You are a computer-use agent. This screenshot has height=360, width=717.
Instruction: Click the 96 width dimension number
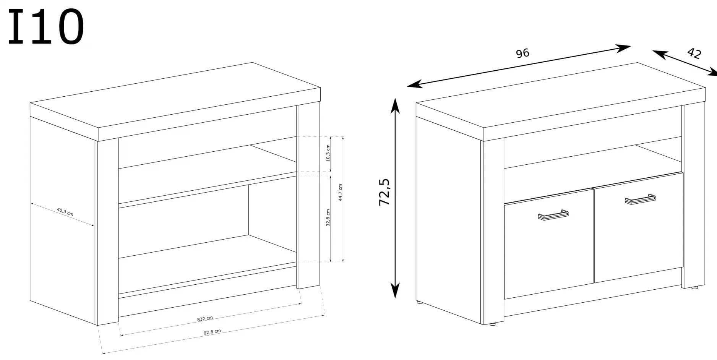(x=522, y=53)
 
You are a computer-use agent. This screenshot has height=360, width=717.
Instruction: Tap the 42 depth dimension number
(x=694, y=53)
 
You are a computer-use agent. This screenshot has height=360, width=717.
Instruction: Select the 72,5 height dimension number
(x=384, y=192)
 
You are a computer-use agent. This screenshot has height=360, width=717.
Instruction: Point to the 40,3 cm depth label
(x=65, y=212)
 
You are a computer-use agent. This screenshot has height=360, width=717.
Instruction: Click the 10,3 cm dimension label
(x=328, y=153)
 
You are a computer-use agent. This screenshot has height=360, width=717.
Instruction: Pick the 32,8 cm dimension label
(x=328, y=217)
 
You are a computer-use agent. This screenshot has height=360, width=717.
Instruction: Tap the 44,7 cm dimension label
(x=341, y=192)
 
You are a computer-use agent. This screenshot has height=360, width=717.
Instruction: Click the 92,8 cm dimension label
(x=212, y=332)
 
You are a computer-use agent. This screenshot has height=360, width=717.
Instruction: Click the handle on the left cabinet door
(x=553, y=215)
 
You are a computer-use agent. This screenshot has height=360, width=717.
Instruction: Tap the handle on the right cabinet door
(x=640, y=199)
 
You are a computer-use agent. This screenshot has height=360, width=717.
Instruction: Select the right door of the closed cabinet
(x=638, y=227)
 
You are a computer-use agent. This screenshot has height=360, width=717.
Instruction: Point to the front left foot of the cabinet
(x=493, y=324)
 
